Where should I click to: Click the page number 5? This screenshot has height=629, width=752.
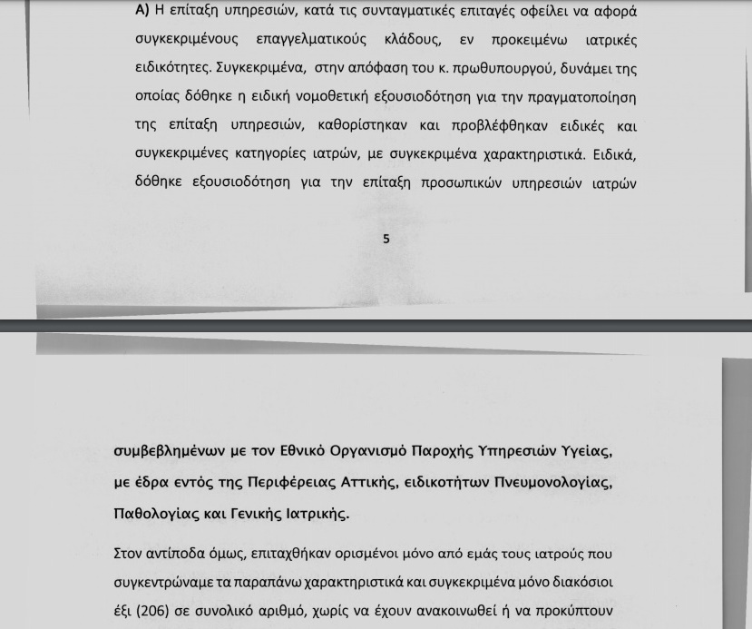click(x=386, y=239)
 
